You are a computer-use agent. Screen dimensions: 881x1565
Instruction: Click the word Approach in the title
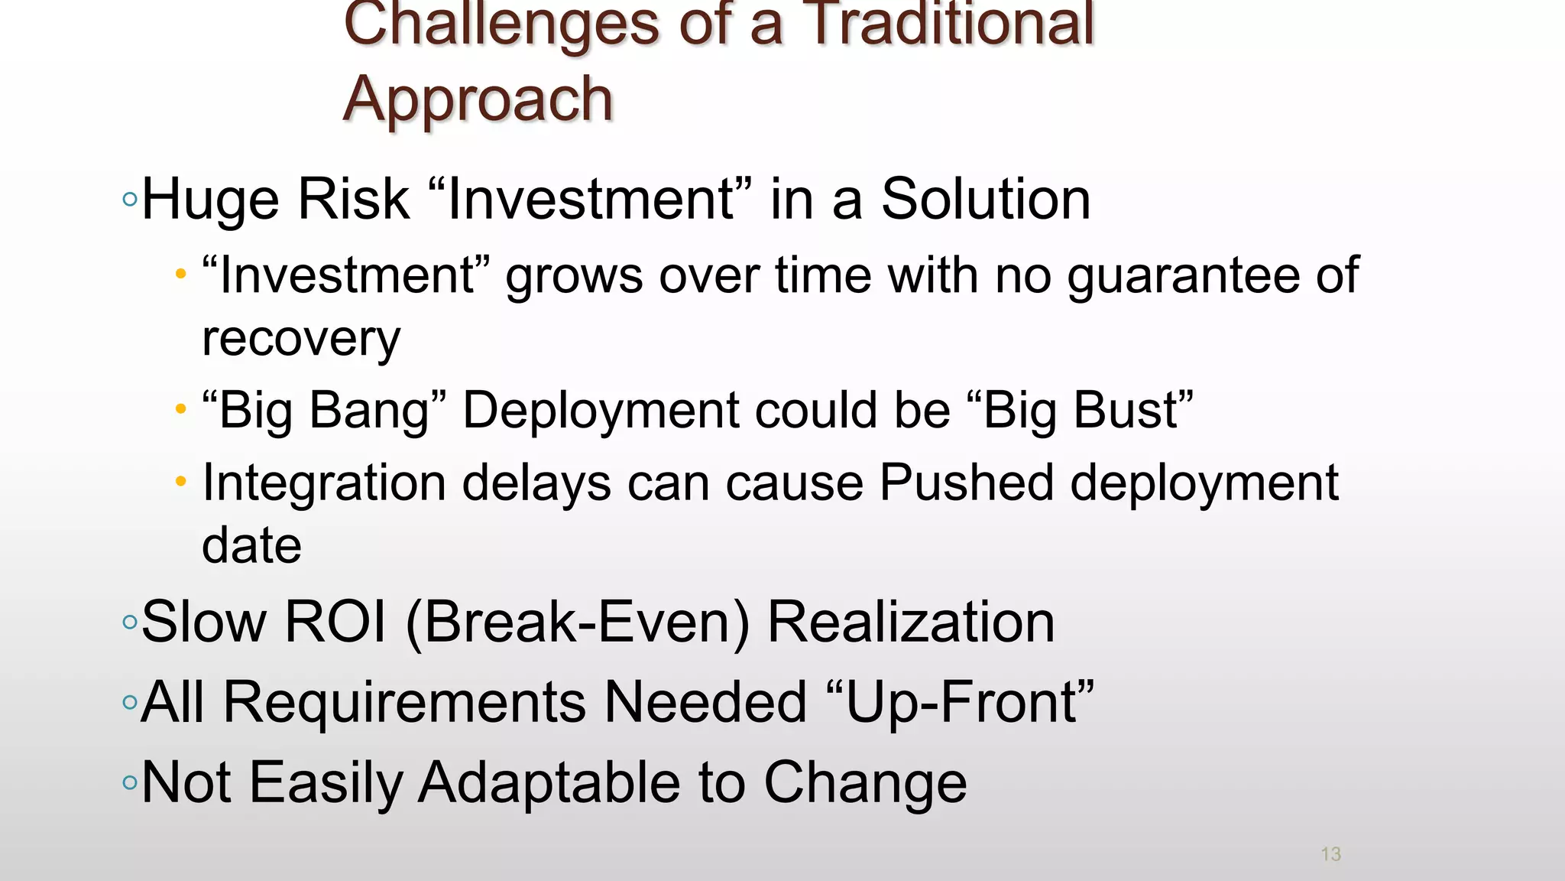pos(478,99)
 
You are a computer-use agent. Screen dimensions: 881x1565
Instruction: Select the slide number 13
pos(1330,854)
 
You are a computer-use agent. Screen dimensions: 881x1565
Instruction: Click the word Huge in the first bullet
pos(211,200)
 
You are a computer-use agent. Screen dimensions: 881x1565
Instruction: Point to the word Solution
pos(985,200)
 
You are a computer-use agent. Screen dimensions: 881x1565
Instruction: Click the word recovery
pos(301,338)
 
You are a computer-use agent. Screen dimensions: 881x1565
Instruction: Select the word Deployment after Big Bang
pos(601,411)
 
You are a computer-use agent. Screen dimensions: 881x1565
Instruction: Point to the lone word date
pos(251,545)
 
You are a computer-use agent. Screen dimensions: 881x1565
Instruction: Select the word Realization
pos(911,622)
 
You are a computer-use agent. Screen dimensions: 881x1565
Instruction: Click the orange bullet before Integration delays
pos(180,482)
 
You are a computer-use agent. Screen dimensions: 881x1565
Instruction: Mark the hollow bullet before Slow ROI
pos(130,622)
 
